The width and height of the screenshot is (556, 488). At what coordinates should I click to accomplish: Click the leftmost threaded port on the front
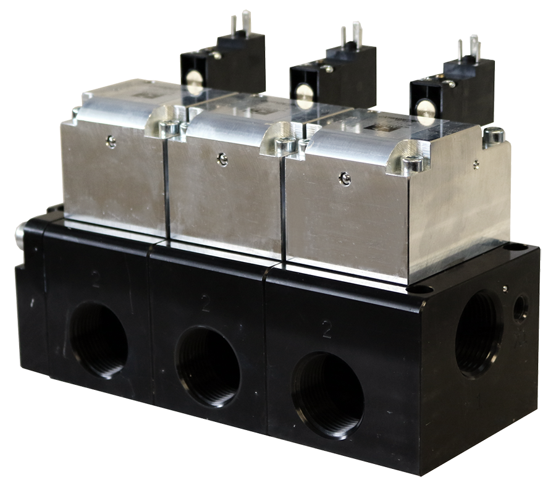click(x=98, y=340)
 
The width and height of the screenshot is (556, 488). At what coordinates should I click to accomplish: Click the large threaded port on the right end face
click(x=479, y=334)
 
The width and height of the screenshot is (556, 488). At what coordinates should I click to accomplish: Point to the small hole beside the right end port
click(x=520, y=307)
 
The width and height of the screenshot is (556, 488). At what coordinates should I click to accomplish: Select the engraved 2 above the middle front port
click(x=205, y=303)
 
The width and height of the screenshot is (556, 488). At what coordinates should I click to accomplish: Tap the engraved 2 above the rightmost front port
click(x=326, y=330)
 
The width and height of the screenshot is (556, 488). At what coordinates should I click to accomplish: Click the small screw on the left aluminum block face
click(x=111, y=142)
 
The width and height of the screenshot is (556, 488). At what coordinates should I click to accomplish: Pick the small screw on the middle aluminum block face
click(x=222, y=159)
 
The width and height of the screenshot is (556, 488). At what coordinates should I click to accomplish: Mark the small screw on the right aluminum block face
click(x=345, y=179)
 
